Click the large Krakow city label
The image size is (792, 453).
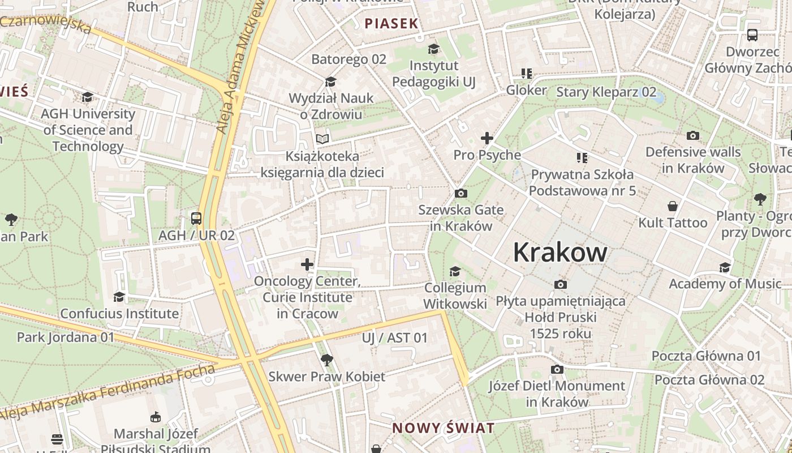tap(560, 253)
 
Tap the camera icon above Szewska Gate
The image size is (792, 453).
tap(461, 194)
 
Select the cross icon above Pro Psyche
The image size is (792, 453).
tap(487, 138)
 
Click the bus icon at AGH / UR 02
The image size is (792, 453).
tap(196, 218)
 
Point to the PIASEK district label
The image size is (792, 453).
tap(391, 24)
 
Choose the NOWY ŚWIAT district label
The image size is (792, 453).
tap(444, 428)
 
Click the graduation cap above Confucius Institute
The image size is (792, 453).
tap(119, 297)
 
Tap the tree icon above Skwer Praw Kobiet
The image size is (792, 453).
tap(326, 360)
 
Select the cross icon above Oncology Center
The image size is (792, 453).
tap(307, 264)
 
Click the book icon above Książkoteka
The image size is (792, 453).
tap(322, 139)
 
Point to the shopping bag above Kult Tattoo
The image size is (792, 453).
tap(673, 206)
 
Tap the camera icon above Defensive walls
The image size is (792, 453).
tap(692, 136)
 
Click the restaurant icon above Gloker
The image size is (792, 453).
tap(527, 74)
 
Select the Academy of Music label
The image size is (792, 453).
tap(725, 284)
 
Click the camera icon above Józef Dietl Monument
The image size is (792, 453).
tap(557, 370)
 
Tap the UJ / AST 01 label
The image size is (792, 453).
tap(395, 338)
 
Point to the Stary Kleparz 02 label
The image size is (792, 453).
tap(606, 92)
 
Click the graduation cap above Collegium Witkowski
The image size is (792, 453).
tap(455, 272)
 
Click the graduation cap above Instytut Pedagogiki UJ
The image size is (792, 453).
tap(433, 49)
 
